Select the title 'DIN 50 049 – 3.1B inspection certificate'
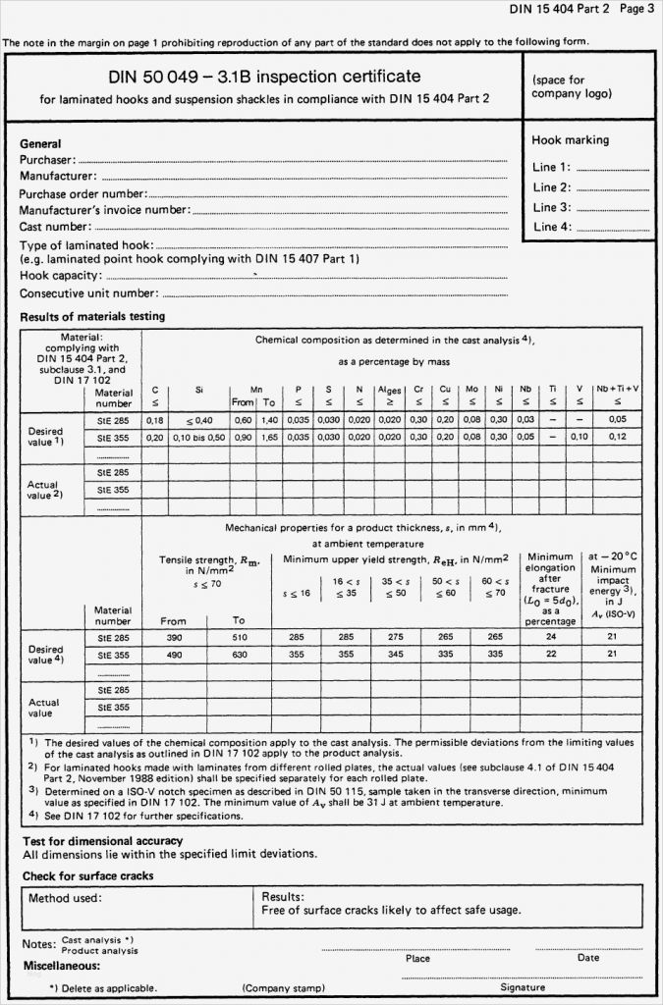coord(264,77)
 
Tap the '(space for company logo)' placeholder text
coord(571,86)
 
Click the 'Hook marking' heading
coord(571,140)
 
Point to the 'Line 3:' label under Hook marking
coord(551,207)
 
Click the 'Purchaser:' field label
coord(47,160)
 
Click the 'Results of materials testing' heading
coord(92,317)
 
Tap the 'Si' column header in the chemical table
coord(199,390)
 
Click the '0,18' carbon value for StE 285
coord(154,420)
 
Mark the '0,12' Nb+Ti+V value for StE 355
coord(618,437)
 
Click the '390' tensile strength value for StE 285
coord(174,637)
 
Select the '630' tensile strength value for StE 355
coord(238,654)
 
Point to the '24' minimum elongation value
coord(551,637)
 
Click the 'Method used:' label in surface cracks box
coord(65,897)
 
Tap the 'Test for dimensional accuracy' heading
coord(103,841)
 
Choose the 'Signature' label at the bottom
coord(523,987)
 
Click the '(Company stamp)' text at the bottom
coord(284,988)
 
